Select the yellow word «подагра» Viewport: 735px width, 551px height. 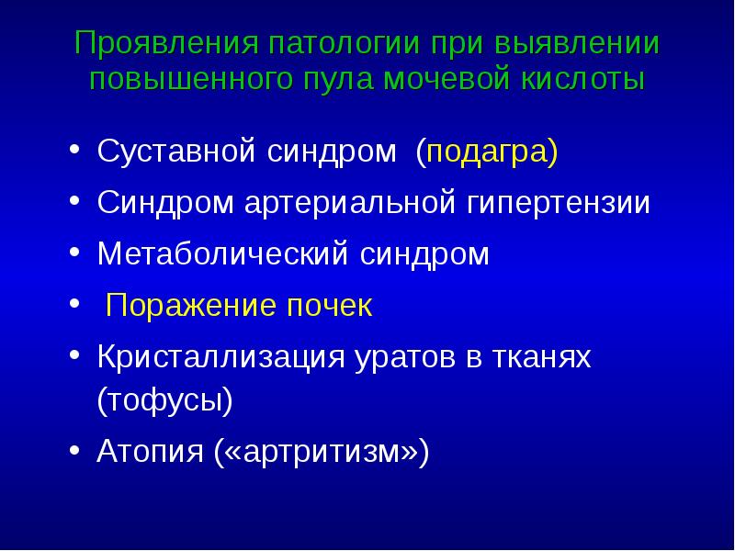pyautogui.click(x=485, y=152)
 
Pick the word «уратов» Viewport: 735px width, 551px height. pyautogui.click(x=395, y=357)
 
